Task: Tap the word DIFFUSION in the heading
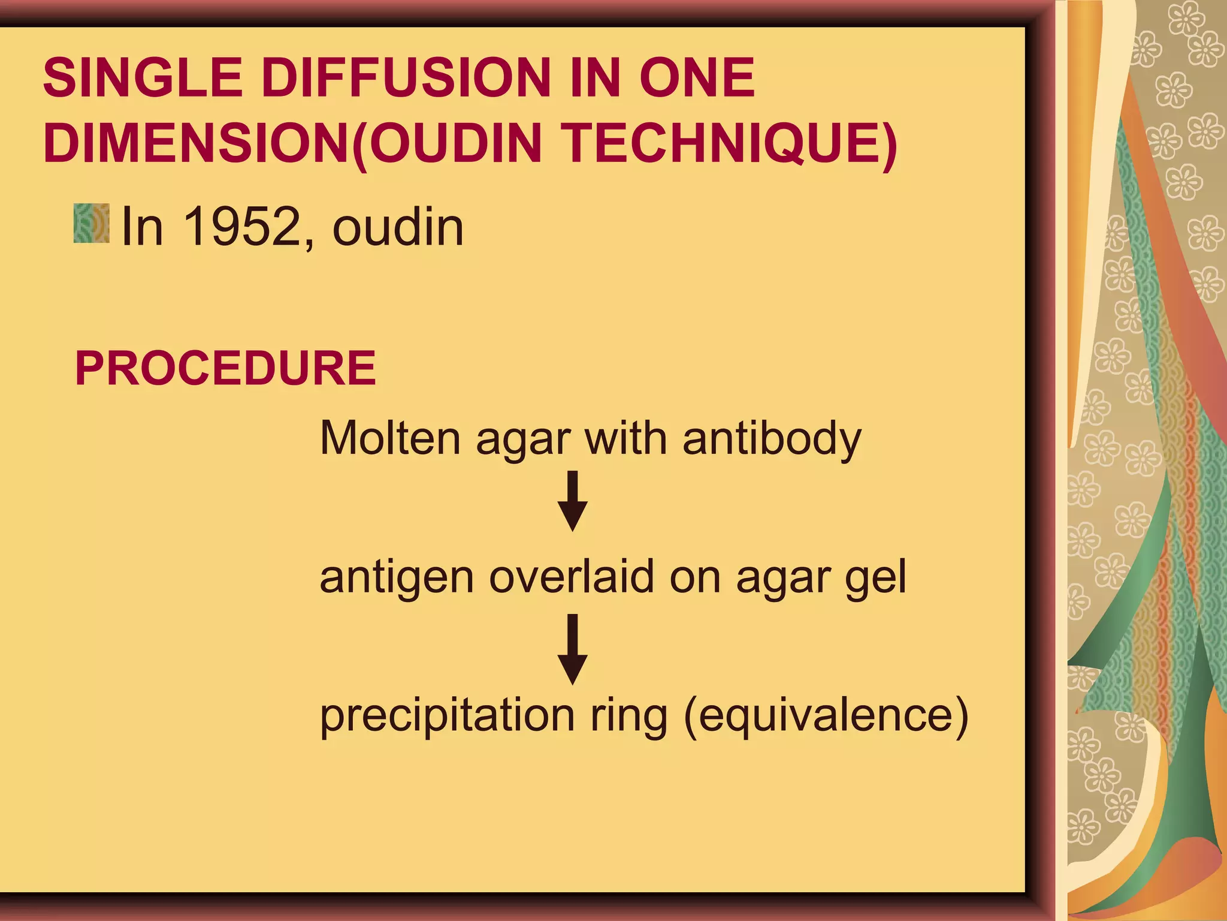pos(406,77)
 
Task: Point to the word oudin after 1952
pos(398,227)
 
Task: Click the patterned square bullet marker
pos(92,223)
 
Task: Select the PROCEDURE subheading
pos(225,368)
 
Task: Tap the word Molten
pos(390,438)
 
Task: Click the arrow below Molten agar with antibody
pos(573,501)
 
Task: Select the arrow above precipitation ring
pos(573,649)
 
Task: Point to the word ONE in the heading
pos(697,77)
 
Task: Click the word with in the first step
pos(625,438)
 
